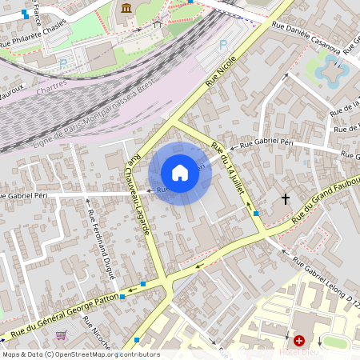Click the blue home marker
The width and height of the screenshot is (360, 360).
pos(180,173)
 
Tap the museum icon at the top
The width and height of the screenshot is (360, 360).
pos(126,8)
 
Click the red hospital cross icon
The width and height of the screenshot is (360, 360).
pos(299,340)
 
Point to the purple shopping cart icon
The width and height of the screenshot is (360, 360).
pos(62,336)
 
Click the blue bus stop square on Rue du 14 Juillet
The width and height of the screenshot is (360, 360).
pos(255,213)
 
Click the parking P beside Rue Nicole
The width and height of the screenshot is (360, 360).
pos(223,46)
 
